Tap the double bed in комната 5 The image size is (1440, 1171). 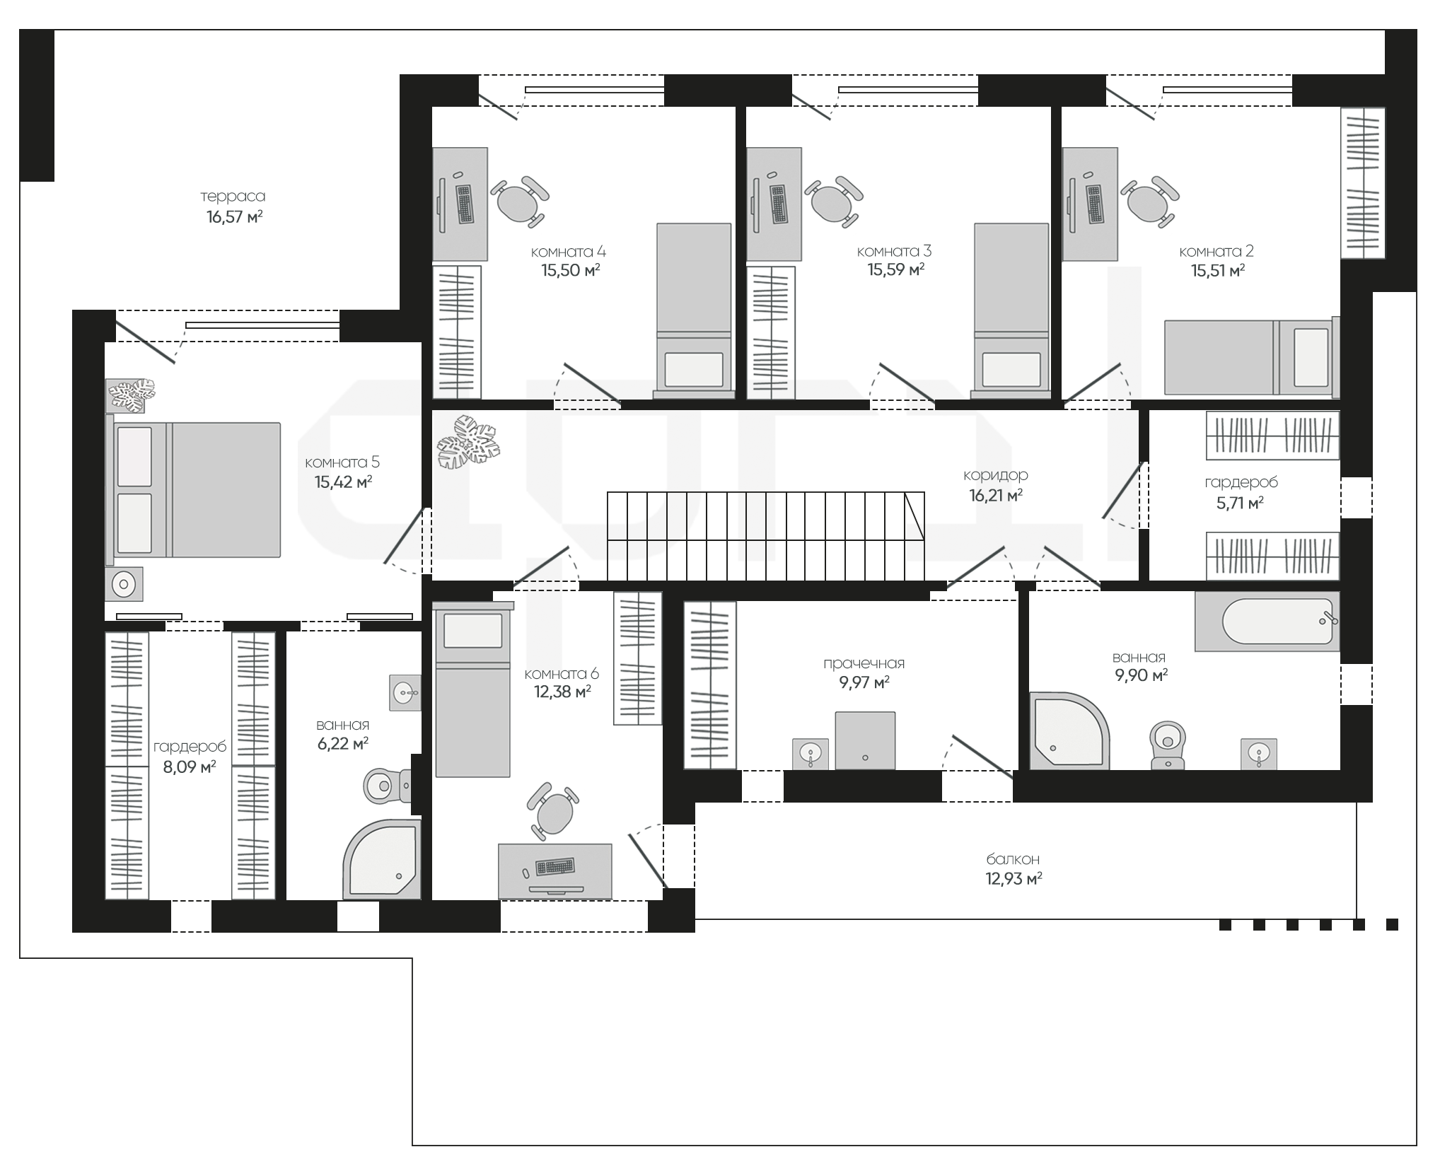point(193,490)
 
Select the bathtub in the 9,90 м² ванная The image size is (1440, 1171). point(1267,622)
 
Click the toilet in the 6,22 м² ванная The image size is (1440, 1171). point(386,784)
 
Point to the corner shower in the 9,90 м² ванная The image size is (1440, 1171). point(1069,731)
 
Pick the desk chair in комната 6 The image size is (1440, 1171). point(553,811)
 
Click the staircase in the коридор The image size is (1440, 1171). point(765,535)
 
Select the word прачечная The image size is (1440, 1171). point(864,663)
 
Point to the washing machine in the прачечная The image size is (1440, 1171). point(865,740)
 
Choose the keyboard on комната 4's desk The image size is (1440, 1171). point(465,204)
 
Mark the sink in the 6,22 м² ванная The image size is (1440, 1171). point(405,691)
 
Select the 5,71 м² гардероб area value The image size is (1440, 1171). point(1235,503)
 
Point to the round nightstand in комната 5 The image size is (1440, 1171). point(124,584)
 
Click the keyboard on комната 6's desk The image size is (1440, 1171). point(555,866)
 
